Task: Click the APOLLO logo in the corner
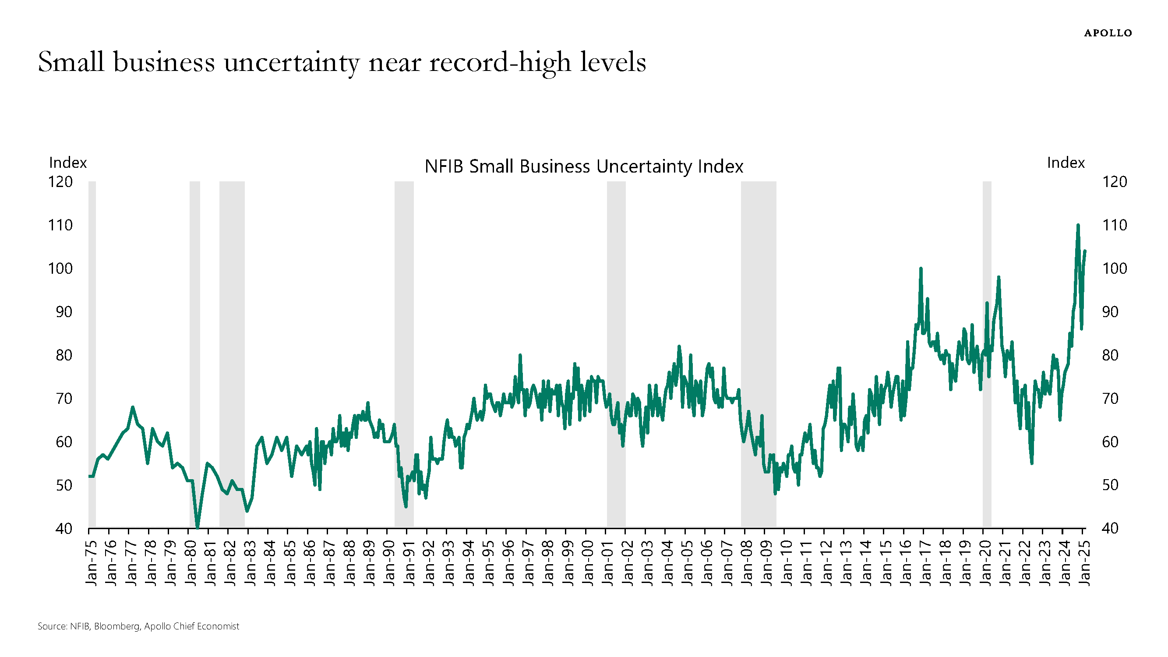coord(1108,33)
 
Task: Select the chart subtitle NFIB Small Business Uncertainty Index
coord(583,166)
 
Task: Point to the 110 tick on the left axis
coord(60,225)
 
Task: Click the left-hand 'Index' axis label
coord(67,162)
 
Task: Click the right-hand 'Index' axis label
coord(1066,162)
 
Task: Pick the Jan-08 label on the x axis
coord(746,563)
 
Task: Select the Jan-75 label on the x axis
coord(91,563)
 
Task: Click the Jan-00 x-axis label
coord(587,563)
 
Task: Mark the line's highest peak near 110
coord(1078,225)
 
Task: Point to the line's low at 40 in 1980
coord(197,527)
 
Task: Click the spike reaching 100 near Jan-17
coord(921,268)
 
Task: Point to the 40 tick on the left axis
coord(64,529)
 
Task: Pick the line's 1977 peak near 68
coord(132,407)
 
